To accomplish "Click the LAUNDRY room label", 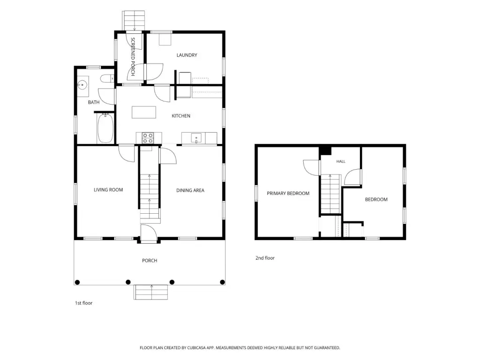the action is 187,55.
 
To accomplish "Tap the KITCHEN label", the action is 181,116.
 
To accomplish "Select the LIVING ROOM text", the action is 108,190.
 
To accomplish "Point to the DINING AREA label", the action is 190,190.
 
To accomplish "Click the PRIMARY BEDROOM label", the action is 288,194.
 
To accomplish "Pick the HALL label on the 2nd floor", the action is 341,161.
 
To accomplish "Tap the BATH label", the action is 94,102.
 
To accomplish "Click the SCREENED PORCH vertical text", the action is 133,57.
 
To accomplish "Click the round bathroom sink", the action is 82,84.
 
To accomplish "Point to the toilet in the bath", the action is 107,79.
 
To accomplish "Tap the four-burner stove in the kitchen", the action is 148,138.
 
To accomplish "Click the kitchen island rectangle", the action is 144,112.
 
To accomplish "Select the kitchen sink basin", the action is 196,138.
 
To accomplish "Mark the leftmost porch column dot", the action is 77,282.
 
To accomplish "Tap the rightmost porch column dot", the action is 223,282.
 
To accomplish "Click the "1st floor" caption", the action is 83,303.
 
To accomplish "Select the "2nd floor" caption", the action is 265,258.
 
